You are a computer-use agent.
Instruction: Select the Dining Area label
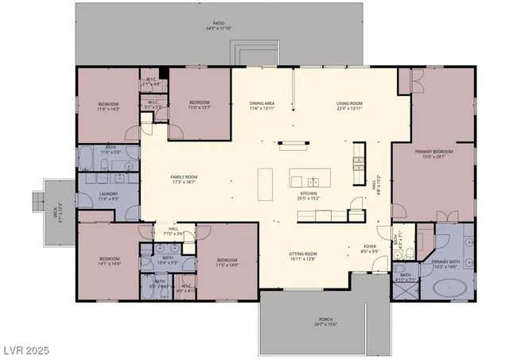(x=262, y=103)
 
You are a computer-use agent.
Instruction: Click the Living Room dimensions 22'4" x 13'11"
(x=349, y=109)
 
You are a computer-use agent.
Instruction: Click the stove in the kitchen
(x=359, y=162)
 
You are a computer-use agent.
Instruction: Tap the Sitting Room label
(x=303, y=254)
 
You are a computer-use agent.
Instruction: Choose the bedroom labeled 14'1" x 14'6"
(x=109, y=261)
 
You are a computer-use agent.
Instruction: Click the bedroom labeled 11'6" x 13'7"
(x=199, y=104)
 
